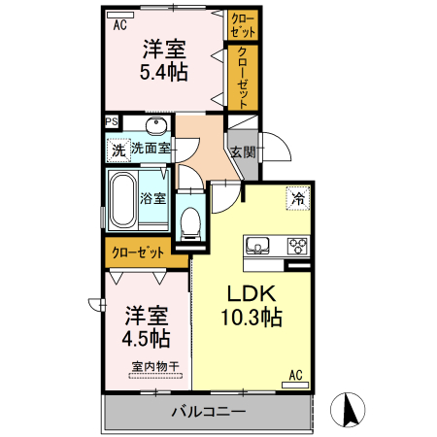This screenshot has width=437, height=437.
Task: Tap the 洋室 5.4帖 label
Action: [164, 59]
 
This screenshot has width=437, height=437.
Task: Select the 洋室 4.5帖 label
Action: [147, 327]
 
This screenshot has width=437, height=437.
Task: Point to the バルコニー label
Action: [208, 410]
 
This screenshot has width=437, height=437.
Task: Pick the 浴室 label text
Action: [152, 199]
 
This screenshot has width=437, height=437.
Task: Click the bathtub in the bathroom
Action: [123, 200]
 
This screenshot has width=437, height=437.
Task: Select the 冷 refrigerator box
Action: [297, 197]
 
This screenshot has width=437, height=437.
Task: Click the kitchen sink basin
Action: [259, 245]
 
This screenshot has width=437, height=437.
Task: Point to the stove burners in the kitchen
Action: [295, 245]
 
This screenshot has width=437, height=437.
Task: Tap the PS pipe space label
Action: [113, 122]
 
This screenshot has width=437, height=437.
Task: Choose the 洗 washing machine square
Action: [118, 151]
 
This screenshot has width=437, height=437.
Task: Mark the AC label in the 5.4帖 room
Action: [119, 26]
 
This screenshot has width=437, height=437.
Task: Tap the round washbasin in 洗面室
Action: [155, 126]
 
